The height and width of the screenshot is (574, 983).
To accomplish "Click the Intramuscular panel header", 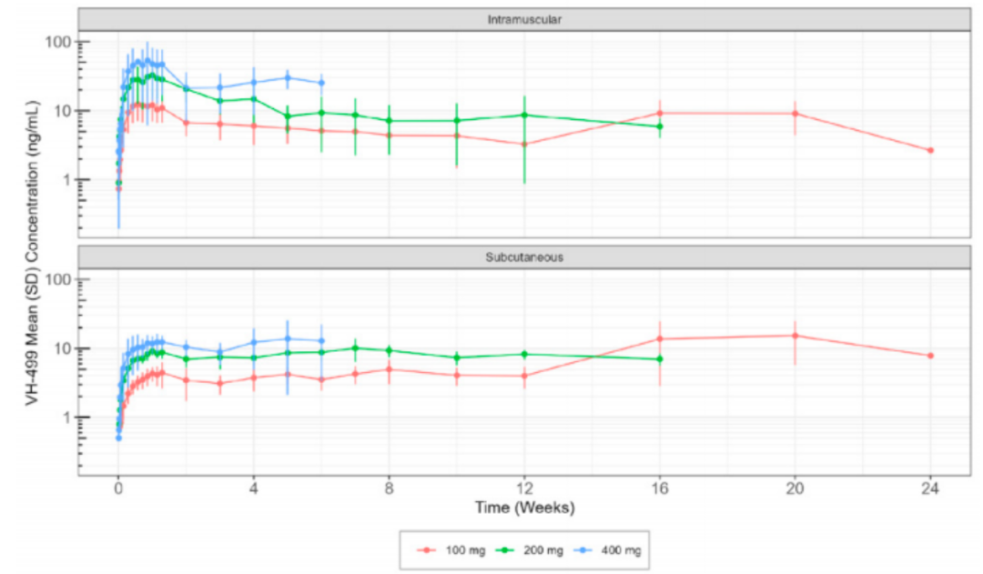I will pyautogui.click(x=523, y=19).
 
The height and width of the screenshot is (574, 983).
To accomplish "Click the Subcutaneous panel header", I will pyautogui.click(x=523, y=257).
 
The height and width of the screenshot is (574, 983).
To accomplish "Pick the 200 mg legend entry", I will pyautogui.click(x=524, y=550).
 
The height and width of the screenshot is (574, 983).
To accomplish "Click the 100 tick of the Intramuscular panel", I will pyautogui.click(x=58, y=42).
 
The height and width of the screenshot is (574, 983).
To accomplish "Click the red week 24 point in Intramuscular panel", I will pyautogui.click(x=930, y=150).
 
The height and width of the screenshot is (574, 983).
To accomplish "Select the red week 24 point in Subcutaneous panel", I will pyautogui.click(x=930, y=356).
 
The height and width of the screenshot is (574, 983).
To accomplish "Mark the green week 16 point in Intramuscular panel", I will pyautogui.click(x=660, y=126).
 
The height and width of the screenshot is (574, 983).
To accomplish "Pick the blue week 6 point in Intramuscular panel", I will pyautogui.click(x=321, y=83).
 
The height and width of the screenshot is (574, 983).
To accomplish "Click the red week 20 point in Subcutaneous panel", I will pyautogui.click(x=795, y=336).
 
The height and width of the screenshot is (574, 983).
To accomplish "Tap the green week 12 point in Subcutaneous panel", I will pyautogui.click(x=524, y=354).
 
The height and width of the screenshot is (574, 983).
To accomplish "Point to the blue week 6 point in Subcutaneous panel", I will pyautogui.click(x=321, y=340).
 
